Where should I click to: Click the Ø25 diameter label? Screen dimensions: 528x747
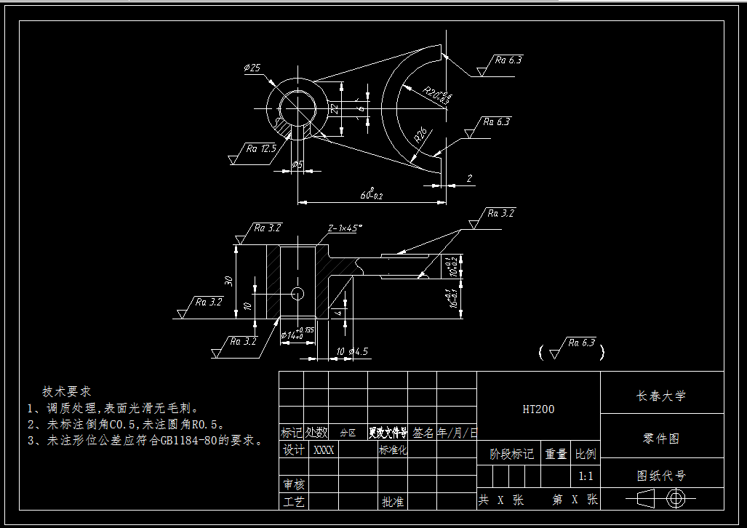(x=252, y=68)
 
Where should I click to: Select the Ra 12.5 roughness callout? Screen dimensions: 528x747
(x=261, y=148)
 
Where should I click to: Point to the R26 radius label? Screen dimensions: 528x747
(x=420, y=135)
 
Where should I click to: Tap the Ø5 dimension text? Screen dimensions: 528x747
(x=297, y=165)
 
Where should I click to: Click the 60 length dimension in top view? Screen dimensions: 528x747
(x=372, y=195)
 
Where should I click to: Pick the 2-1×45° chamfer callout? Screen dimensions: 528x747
(x=345, y=228)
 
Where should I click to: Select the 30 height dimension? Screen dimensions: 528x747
(x=228, y=281)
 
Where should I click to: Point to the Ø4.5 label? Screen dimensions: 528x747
(x=359, y=351)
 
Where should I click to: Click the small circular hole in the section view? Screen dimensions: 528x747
(x=297, y=292)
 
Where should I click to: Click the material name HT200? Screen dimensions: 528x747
(x=538, y=409)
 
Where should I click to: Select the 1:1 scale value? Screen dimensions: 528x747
(x=586, y=477)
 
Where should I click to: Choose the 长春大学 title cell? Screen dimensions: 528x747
(x=661, y=396)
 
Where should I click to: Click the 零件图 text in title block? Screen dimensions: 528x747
(x=661, y=439)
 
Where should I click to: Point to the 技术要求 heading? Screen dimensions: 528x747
(x=66, y=391)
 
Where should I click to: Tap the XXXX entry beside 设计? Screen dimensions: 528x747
(x=323, y=450)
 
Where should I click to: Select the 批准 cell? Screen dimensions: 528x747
(x=393, y=502)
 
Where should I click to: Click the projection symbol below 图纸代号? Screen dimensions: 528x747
(x=661, y=499)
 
